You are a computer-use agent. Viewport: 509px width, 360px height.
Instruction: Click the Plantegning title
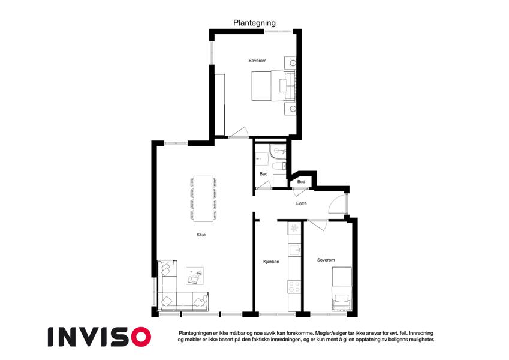(254, 23)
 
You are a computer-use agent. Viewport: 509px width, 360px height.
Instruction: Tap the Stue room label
(201, 235)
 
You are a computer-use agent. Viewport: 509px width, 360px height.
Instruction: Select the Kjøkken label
(271, 262)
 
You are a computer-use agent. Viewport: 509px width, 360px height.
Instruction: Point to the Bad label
(264, 174)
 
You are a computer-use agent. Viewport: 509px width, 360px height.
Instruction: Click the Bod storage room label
(301, 182)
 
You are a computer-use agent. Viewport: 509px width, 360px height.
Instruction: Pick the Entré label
(301, 203)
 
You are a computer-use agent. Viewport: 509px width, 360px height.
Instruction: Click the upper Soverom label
(257, 61)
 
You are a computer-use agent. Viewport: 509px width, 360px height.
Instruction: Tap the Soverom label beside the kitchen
(326, 260)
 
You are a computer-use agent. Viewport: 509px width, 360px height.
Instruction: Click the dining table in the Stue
(203, 199)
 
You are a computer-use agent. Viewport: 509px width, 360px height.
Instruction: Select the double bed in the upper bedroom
(273, 86)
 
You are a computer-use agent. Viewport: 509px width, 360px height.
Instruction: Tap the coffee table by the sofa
(195, 276)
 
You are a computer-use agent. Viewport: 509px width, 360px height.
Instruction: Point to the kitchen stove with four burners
(294, 287)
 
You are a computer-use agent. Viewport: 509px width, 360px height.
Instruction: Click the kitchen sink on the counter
(295, 250)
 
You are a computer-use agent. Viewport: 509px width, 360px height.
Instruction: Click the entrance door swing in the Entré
(337, 204)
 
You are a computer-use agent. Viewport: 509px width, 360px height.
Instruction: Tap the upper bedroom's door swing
(239, 132)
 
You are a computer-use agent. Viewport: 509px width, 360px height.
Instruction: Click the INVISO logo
(100, 337)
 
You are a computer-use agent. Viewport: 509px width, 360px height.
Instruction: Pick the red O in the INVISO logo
(141, 337)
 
